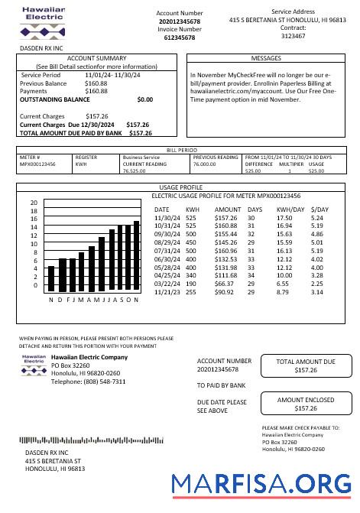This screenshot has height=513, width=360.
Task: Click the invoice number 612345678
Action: pyautogui.click(x=180, y=37)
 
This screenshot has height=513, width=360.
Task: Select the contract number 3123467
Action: pyautogui.click(x=293, y=35)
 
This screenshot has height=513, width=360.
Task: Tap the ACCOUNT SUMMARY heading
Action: pyautogui.click(x=97, y=58)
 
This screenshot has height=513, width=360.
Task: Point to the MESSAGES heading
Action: pyautogui.click(x=265, y=58)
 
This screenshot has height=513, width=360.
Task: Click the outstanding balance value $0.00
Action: pyautogui.click(x=144, y=99)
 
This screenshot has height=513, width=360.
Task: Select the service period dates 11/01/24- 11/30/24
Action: pyautogui.click(x=112, y=76)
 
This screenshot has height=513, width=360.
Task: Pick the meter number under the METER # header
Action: pyautogui.click(x=37, y=164)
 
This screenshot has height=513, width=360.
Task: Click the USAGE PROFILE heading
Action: pyautogui.click(x=180, y=187)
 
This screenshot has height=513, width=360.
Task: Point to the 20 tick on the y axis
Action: pyautogui.click(x=34, y=203)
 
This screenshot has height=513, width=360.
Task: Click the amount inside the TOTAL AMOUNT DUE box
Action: pyautogui.click(x=306, y=370)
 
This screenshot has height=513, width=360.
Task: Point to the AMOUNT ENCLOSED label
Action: pyautogui.click(x=306, y=400)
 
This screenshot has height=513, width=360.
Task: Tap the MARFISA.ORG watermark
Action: pyautogui.click(x=262, y=485)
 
